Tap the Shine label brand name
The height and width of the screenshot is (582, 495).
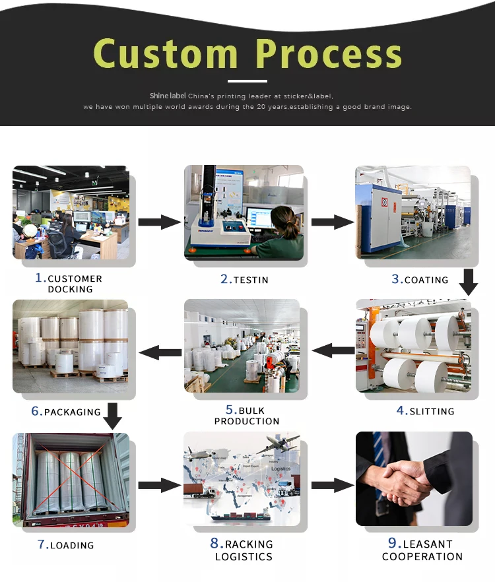pos(168,96)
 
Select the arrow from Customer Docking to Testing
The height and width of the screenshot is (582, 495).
pos(160,222)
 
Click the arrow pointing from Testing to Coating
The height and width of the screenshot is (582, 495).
pos(333,222)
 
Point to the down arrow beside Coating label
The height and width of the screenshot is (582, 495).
pos(469,282)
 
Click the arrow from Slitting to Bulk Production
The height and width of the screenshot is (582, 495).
pos(333,350)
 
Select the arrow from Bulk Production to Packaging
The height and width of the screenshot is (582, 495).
pos(160,352)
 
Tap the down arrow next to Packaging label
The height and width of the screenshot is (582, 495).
pos(112,416)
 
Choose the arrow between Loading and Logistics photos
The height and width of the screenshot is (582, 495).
pos(160,485)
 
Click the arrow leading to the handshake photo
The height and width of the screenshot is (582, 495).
pos(333,485)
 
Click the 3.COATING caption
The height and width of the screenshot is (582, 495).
pos(420,279)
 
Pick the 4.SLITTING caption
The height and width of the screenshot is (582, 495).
pos(425,410)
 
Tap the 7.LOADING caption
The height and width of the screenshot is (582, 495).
pos(66,544)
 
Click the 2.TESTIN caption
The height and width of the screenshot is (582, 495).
pos(244,279)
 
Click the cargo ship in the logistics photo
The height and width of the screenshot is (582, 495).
pos(241,515)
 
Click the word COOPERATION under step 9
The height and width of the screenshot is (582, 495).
pos(422,556)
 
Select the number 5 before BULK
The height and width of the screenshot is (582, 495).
pos(230,409)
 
